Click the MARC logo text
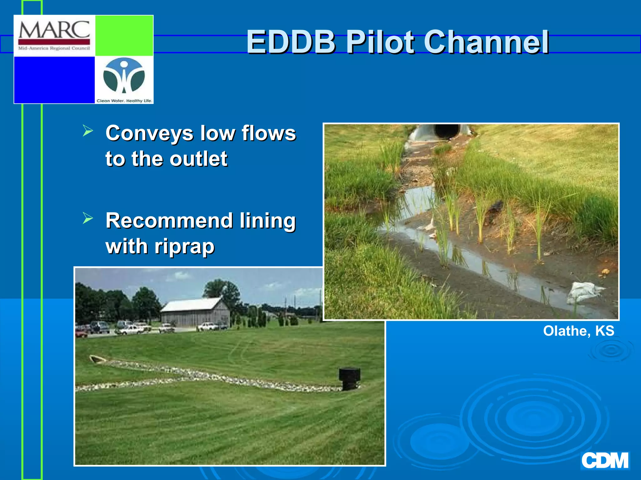coord(54,30)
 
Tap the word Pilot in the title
coord(380,42)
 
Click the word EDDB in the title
coord(291,42)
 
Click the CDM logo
coord(605,460)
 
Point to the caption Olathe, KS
coord(578,331)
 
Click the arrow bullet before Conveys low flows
coord(88,131)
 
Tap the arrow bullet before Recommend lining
coord(88,218)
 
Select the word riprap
coord(184,247)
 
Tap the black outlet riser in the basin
coord(349,378)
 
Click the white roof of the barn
coord(191,305)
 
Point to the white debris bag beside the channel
coord(584,292)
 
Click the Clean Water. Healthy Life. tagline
coord(124,101)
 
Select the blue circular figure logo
coord(124,75)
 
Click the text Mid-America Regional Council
coord(54,48)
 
